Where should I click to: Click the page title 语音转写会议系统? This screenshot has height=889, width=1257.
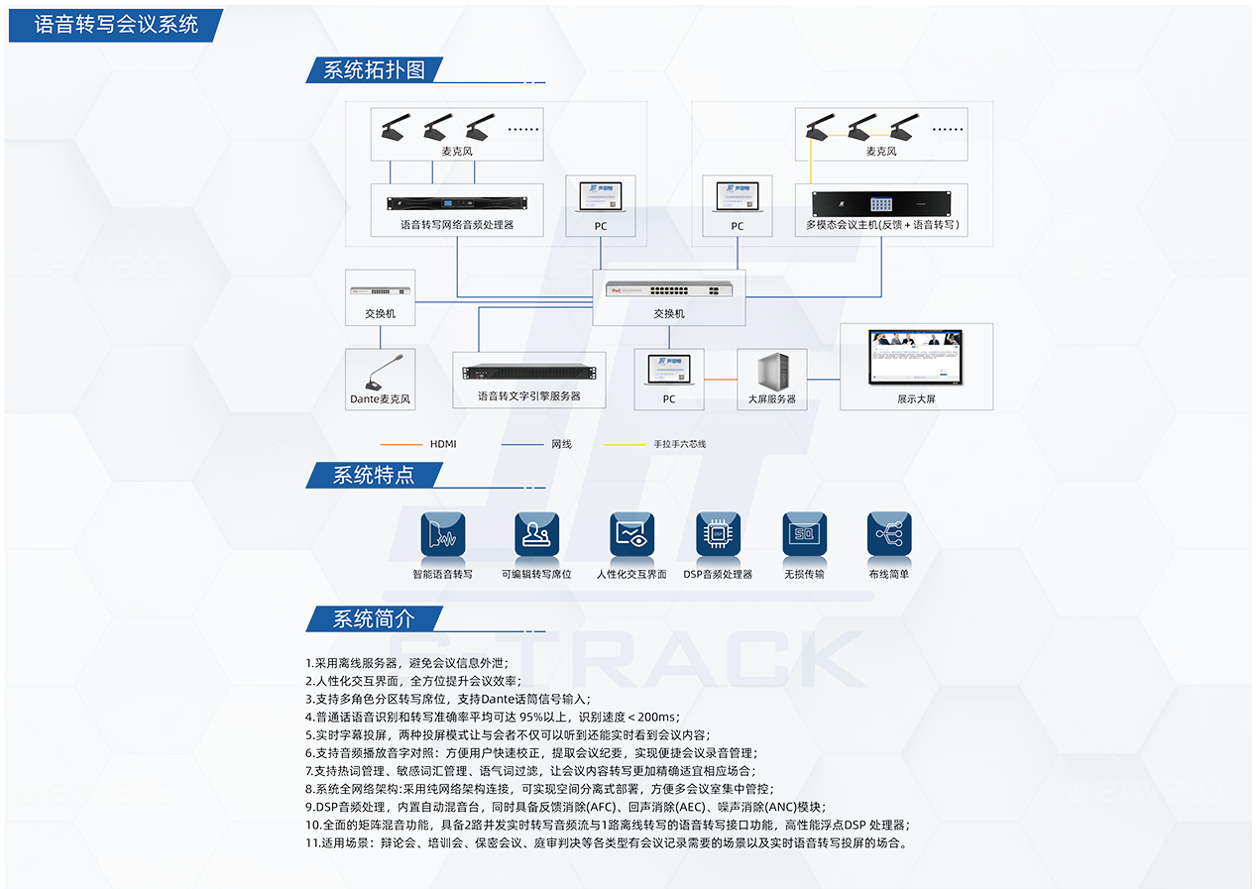coord(116,25)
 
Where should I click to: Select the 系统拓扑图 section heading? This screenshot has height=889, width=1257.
coord(374,69)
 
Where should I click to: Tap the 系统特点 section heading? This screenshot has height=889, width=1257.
coord(373,475)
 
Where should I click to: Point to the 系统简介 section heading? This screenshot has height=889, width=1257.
coord(373,619)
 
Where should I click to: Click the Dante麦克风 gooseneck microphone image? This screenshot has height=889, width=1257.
coord(381,372)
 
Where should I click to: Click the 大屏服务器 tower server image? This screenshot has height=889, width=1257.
coord(771,372)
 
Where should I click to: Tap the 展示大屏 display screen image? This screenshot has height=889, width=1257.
coord(916,357)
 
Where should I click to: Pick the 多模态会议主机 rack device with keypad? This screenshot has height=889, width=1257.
coord(881,202)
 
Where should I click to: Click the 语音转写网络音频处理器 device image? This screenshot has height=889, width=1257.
coord(457,203)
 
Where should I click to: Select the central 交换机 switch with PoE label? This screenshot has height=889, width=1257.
coord(668,289)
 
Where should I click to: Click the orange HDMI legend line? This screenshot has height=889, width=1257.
coord(400,444)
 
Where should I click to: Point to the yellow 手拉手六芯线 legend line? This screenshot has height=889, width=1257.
coord(624,444)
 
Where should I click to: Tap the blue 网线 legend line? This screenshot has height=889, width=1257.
coord(521,444)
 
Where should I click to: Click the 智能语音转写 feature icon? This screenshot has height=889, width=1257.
coord(443,534)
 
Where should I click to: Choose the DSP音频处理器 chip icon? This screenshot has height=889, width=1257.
coord(718,534)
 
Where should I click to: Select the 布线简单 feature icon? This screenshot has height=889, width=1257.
coord(888,534)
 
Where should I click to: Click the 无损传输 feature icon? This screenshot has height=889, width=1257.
coord(804,534)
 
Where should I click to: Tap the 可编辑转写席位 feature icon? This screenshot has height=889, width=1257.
coord(536,534)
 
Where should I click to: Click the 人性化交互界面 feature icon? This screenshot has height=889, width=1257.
coord(631,534)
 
